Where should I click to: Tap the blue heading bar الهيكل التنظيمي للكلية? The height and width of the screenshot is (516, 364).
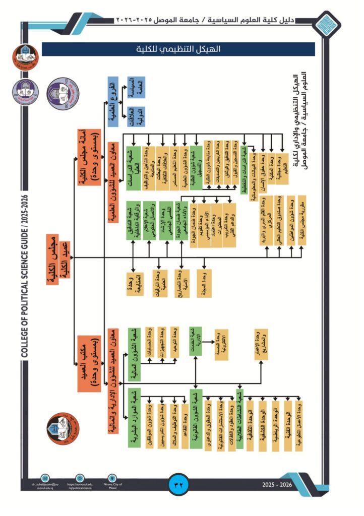coord(178,49)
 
